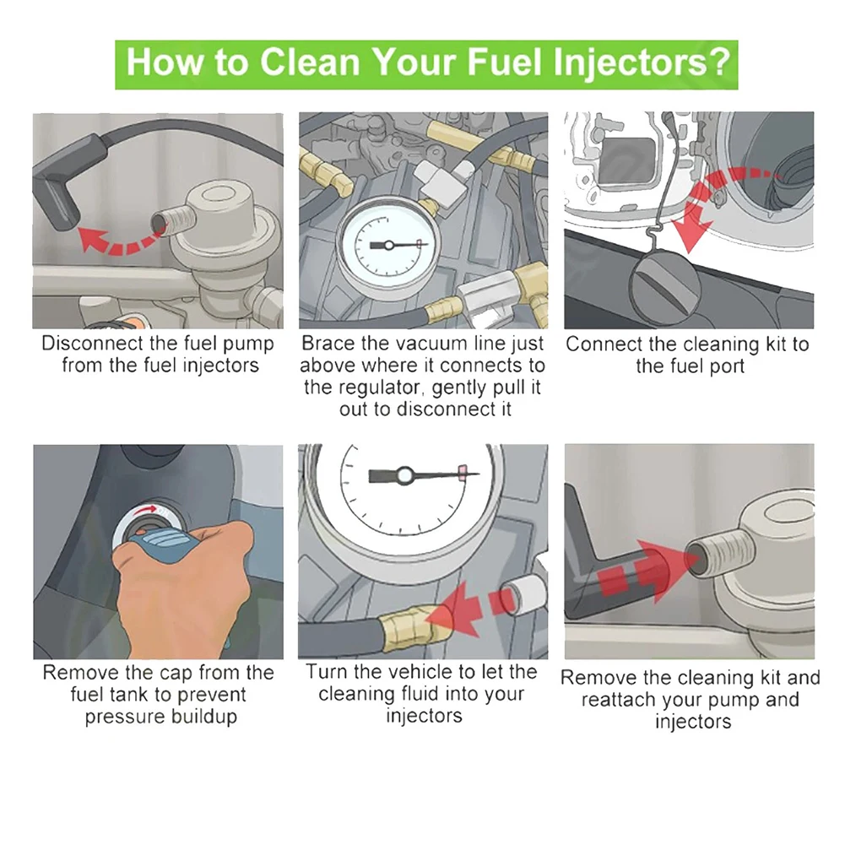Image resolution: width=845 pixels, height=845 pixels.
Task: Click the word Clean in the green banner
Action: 310,62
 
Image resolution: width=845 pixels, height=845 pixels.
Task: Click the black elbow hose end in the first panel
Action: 56,199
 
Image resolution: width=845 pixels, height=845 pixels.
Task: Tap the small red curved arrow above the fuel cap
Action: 146,509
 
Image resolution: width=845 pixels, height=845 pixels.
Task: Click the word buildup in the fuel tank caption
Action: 203,718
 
